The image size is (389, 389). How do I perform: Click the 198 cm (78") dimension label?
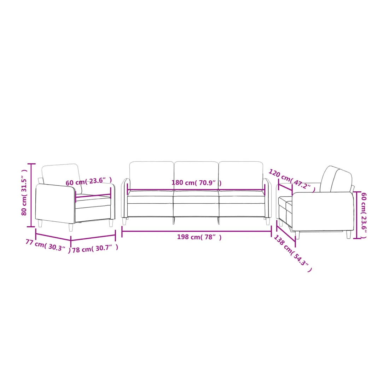click(199, 237)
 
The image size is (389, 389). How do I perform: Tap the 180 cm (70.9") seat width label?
click(197, 183)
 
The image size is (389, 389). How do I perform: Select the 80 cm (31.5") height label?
click(24, 192)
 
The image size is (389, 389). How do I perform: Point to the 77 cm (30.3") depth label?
click(48, 246)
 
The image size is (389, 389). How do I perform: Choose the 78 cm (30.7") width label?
click(95, 248)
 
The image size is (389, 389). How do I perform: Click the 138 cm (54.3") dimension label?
click(293, 253)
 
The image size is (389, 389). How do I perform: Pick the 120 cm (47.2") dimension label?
click(292, 180)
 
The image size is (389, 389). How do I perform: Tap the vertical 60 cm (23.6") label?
click(364, 215)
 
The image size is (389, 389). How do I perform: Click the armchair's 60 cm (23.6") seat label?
click(88, 181)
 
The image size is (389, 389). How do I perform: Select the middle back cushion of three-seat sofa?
click(196, 175)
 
